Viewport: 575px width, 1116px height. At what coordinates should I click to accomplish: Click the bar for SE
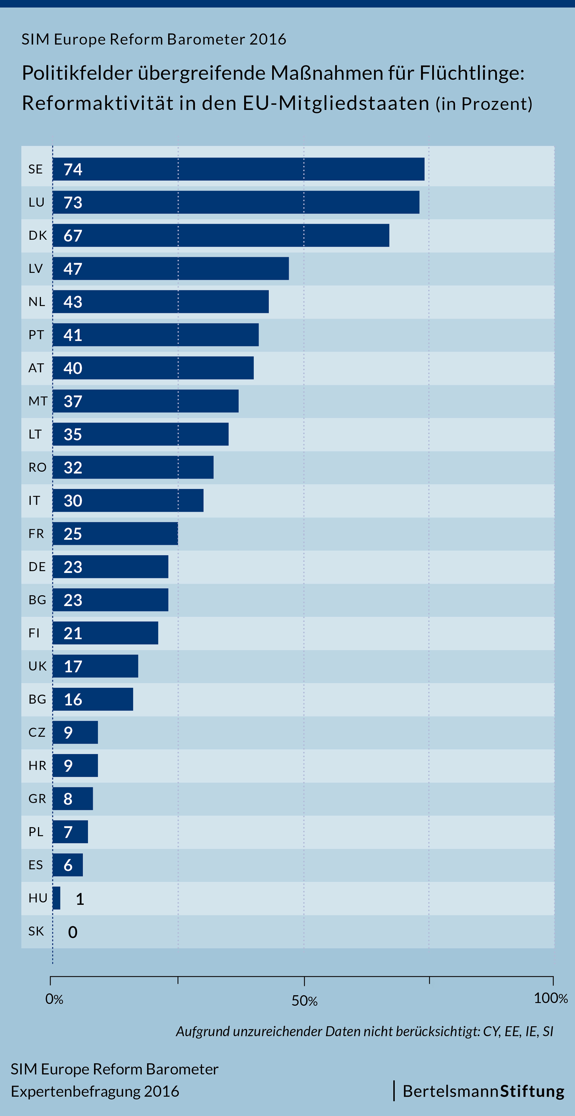pyautogui.click(x=238, y=169)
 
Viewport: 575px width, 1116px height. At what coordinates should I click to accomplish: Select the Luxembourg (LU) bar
pyautogui.click(x=236, y=202)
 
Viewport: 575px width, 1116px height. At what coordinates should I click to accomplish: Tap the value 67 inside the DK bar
pyautogui.click(x=73, y=236)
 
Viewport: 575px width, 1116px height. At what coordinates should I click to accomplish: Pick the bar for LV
pyautogui.click(x=171, y=269)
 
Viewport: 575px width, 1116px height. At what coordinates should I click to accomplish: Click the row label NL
pyautogui.click(x=37, y=302)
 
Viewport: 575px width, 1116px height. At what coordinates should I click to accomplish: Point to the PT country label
pyautogui.click(x=37, y=335)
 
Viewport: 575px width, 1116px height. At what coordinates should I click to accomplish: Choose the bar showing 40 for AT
pyautogui.click(x=153, y=368)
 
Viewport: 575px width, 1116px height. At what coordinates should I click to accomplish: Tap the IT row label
pyautogui.click(x=34, y=501)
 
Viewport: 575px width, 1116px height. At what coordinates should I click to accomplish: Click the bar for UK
pyautogui.click(x=95, y=666)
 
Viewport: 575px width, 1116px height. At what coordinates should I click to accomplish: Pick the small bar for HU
pyautogui.click(x=56, y=898)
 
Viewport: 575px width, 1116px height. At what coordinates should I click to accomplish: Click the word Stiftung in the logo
pyautogui.click(x=532, y=1091)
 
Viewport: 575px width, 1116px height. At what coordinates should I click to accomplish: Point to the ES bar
pyautogui.click(x=68, y=865)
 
